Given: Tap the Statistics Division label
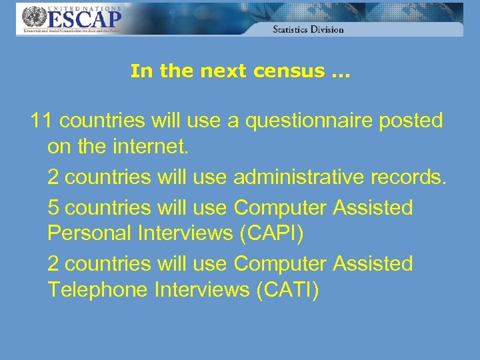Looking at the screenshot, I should [308, 29].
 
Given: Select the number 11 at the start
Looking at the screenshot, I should [42, 121].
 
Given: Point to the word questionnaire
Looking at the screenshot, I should [312, 121].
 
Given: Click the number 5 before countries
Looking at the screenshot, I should [54, 208].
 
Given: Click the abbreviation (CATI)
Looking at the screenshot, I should [288, 290].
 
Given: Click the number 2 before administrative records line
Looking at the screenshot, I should [54, 177].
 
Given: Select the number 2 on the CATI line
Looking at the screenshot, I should [54, 264].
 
